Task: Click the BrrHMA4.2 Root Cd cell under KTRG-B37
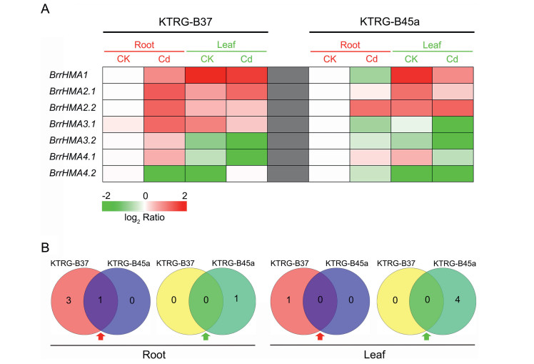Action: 164,172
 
